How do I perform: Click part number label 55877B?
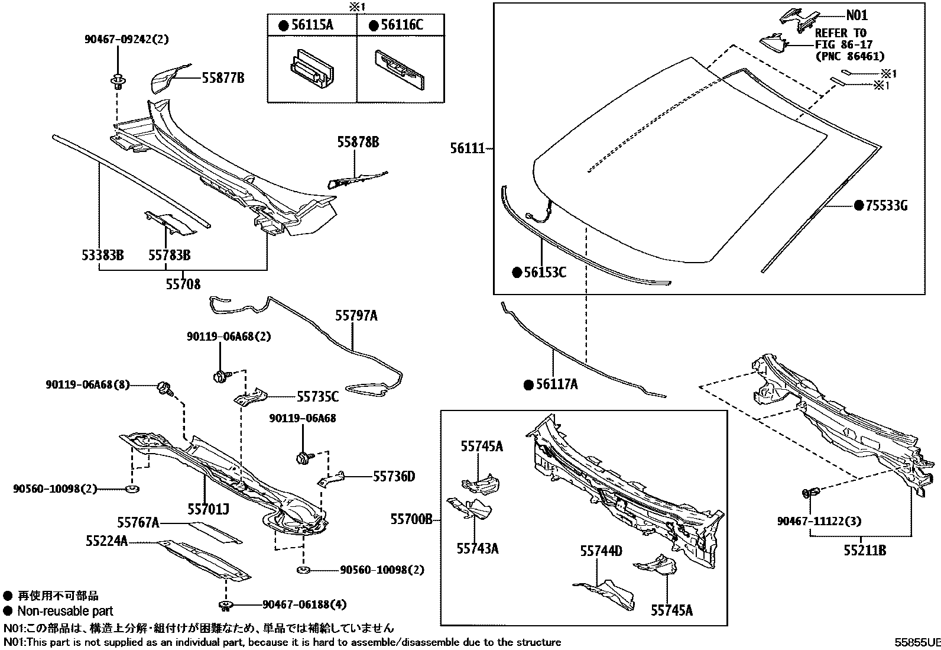(223, 78)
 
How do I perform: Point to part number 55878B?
(358, 143)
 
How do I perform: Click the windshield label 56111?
(467, 149)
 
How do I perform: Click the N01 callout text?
(856, 15)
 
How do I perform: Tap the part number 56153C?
(545, 272)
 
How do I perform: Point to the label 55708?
(183, 285)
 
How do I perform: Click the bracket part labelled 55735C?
(251, 396)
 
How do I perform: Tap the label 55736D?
(394, 476)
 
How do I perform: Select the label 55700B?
(411, 520)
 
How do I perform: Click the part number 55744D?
(601, 551)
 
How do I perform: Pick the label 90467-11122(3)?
(819, 521)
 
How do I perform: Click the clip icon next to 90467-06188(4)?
(225, 604)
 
